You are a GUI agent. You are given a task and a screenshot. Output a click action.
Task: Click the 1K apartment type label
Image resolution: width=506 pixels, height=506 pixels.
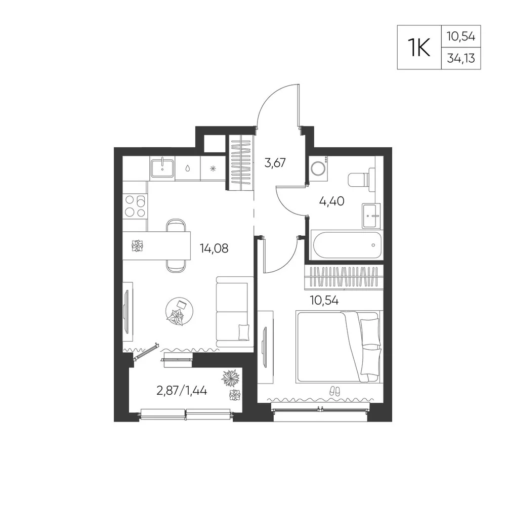coord(419,48)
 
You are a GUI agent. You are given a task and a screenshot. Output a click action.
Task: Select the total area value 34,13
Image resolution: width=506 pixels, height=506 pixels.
coord(461,58)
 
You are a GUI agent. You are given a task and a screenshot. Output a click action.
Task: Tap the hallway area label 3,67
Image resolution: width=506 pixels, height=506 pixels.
coord(275,162)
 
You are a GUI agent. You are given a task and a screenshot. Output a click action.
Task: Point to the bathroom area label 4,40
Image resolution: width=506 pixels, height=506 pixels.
coord(331,201)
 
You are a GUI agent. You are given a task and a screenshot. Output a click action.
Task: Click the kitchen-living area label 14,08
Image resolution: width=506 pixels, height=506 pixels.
coord(214,248)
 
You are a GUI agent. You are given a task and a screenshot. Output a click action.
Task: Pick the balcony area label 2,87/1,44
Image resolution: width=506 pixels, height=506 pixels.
coord(182,391)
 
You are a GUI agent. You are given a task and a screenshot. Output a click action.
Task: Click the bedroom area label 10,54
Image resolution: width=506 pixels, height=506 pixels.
coord(324,301)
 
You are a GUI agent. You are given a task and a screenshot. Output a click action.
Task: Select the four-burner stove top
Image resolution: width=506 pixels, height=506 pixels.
coord(135,206)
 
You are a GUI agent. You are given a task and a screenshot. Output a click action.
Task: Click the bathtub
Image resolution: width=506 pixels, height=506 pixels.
coord(346,244)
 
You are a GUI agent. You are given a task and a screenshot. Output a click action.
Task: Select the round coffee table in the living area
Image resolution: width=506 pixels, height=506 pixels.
coord(180,311)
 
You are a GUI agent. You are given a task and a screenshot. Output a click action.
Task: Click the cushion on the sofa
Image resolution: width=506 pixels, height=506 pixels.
coord(244,332)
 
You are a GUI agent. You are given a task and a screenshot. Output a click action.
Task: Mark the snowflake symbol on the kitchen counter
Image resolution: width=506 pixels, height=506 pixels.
coord(213,168)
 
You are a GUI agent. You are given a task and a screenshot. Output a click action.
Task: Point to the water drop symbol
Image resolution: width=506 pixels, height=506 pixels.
coord(188,168)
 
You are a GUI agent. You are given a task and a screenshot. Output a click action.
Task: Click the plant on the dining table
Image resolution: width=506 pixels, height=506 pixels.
coord(138,246)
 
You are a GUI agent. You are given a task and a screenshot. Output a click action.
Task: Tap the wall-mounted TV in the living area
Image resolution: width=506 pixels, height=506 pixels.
coord(126,311)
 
